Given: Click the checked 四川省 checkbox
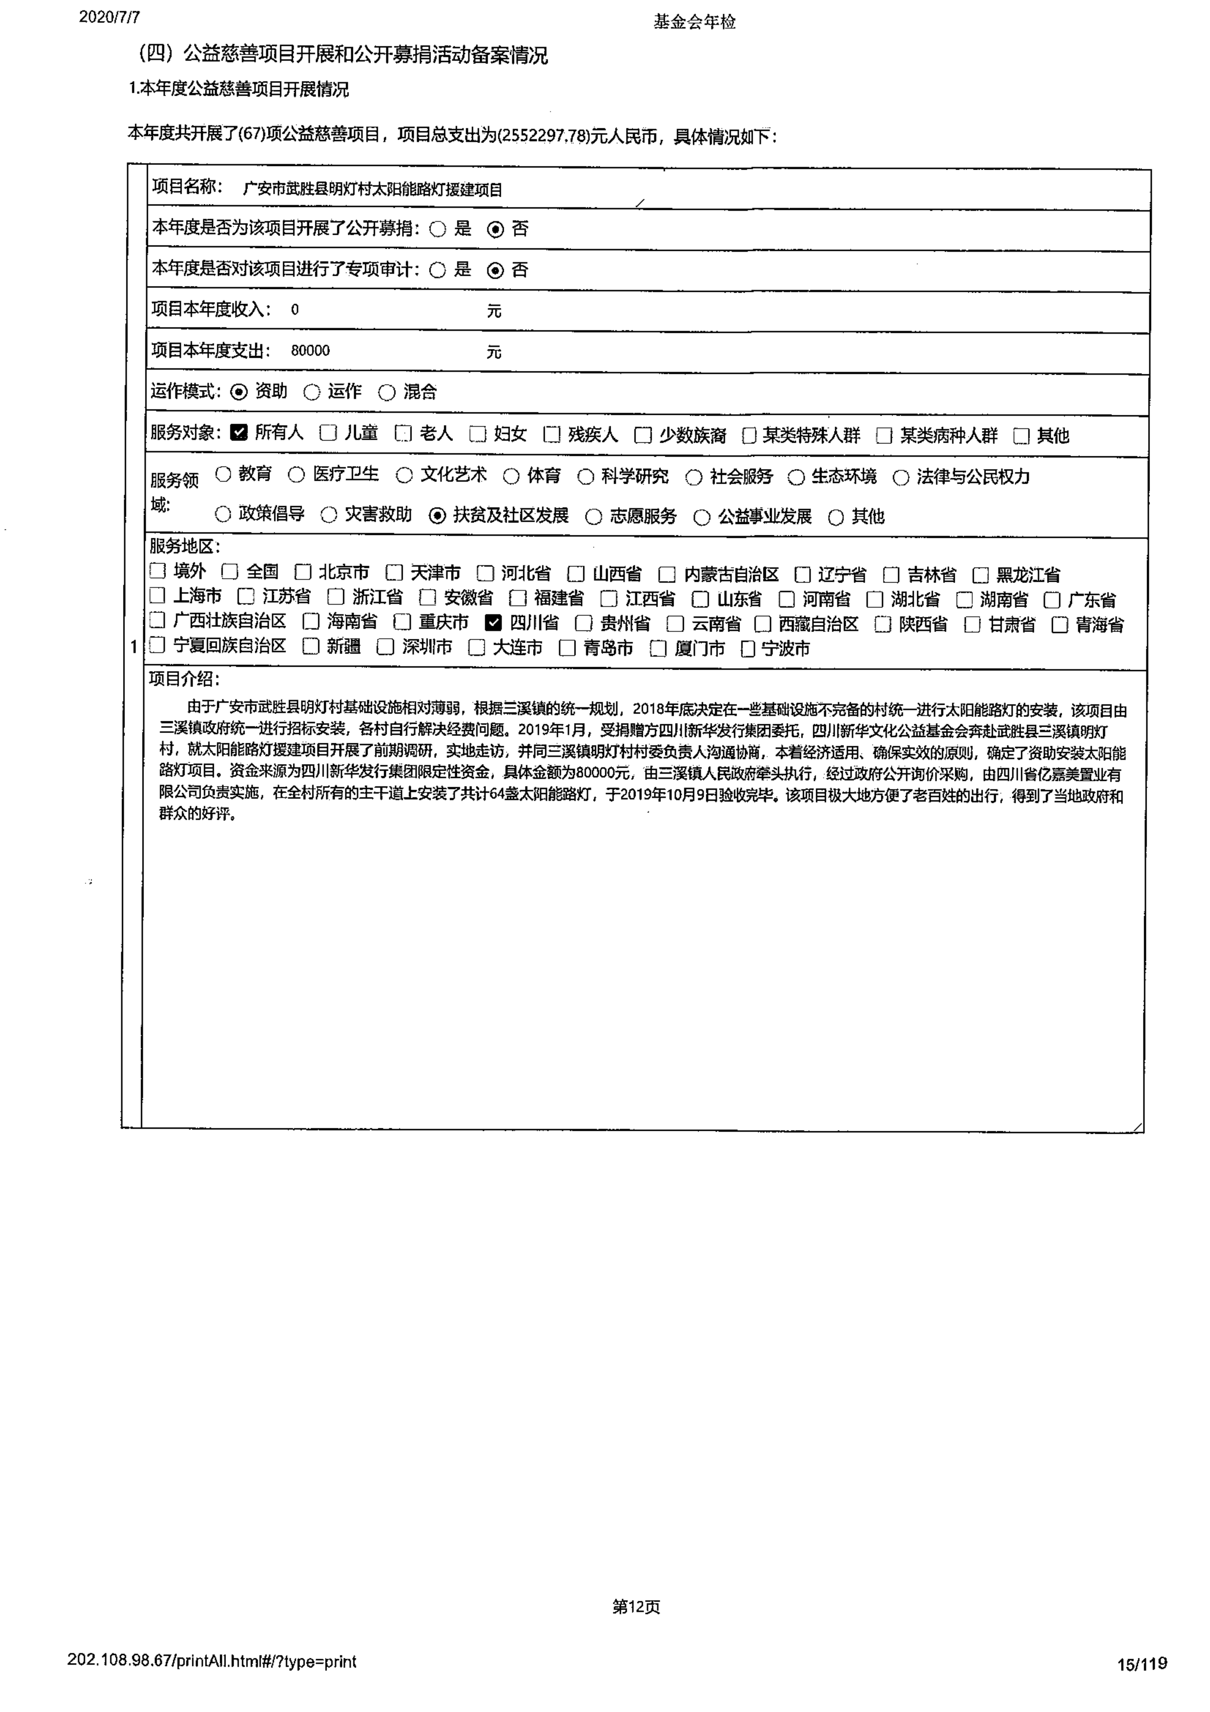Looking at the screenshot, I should click(x=493, y=623).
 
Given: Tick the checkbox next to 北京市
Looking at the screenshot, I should click(x=303, y=572).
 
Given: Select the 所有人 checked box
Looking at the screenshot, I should click(x=239, y=432).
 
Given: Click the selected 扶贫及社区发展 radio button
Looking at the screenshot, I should click(x=438, y=515).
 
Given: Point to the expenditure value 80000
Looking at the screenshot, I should click(x=310, y=350).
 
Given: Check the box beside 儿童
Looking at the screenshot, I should click(x=328, y=432).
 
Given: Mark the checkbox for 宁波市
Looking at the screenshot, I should click(x=748, y=649).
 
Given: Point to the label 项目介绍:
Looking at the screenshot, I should click(x=184, y=678).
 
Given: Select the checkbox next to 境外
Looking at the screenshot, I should click(x=157, y=571).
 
